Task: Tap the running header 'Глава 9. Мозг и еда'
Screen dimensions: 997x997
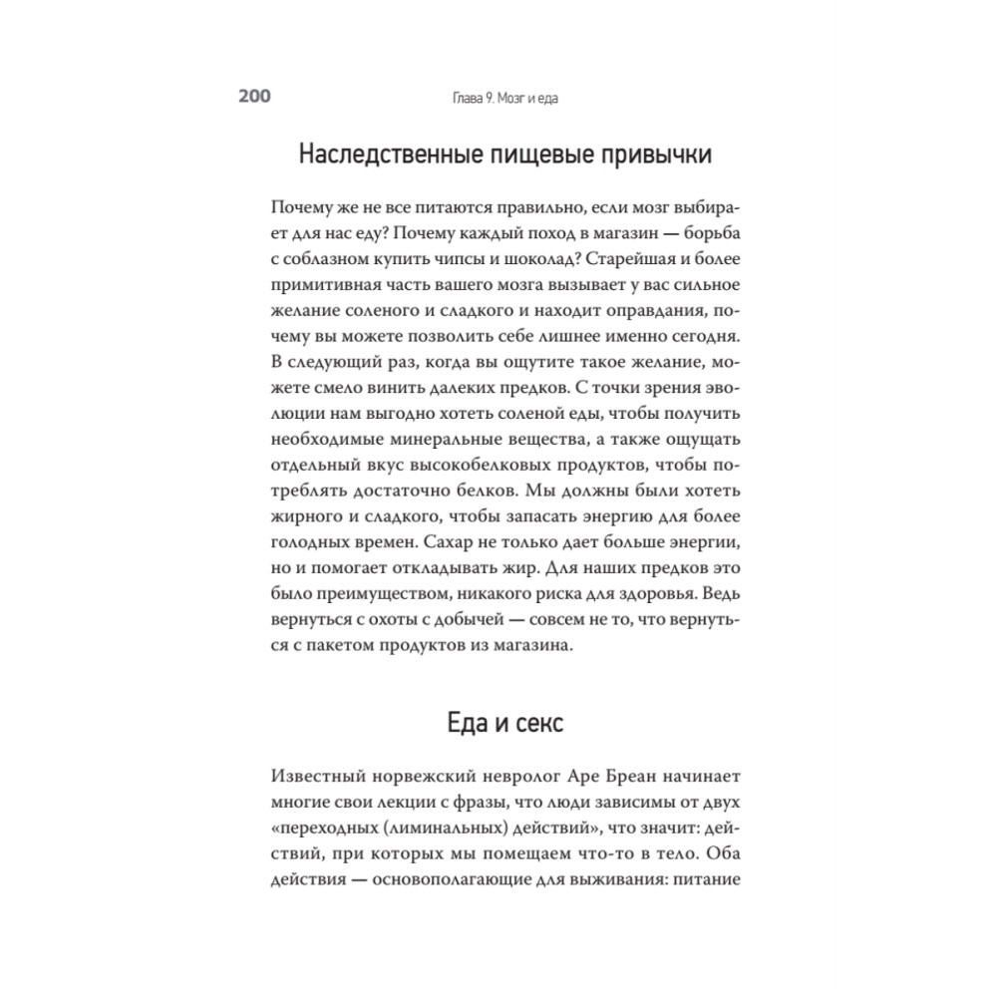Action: click(x=497, y=98)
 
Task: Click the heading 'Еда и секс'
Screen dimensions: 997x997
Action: click(x=503, y=723)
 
